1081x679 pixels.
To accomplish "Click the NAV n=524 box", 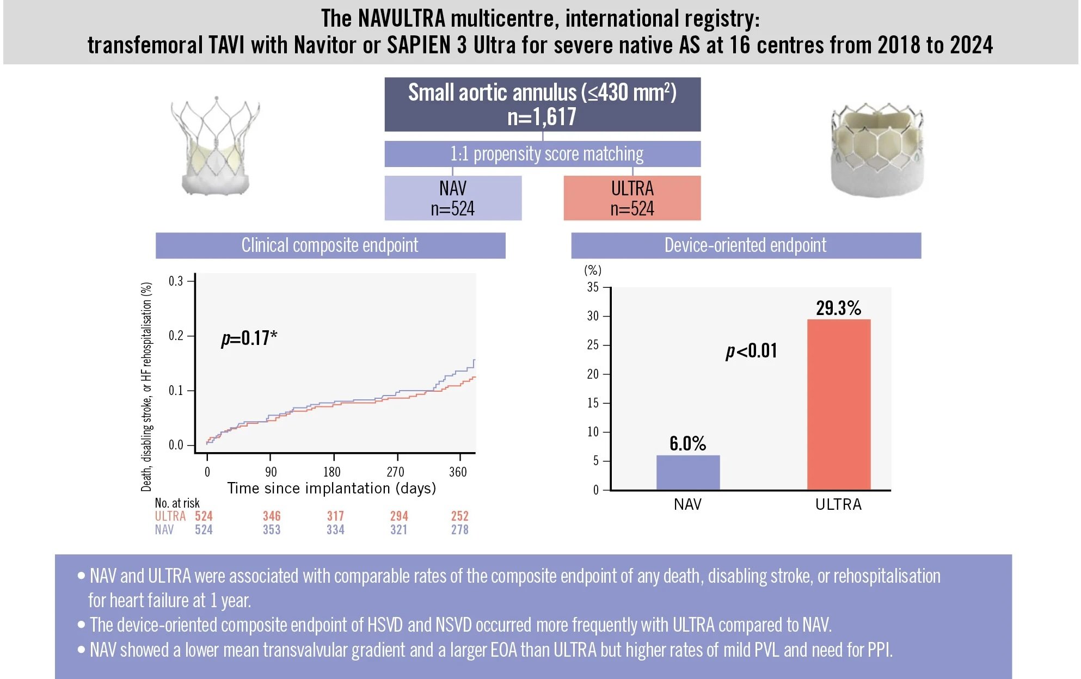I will [x=453, y=198].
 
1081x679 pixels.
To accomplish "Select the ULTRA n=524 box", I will [x=632, y=198].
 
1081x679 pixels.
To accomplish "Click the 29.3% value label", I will [x=838, y=308].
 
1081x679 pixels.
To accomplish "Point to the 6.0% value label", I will [x=687, y=443].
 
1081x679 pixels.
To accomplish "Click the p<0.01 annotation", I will [x=752, y=351].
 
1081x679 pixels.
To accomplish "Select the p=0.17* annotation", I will [x=249, y=338].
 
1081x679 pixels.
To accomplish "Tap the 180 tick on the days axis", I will [x=332, y=472].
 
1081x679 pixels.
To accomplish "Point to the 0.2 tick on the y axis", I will [x=176, y=336].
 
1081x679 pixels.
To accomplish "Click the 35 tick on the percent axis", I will [x=593, y=287].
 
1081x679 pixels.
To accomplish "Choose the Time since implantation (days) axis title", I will [x=331, y=488].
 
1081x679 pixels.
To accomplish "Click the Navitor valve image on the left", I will [x=215, y=146].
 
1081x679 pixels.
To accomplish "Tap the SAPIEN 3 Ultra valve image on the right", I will [x=877, y=150].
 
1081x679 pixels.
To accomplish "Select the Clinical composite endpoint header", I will [x=330, y=245].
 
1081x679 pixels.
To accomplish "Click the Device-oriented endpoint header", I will [x=746, y=245].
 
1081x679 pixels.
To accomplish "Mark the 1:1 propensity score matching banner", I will [x=542, y=154].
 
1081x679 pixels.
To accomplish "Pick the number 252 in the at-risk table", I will [x=460, y=516].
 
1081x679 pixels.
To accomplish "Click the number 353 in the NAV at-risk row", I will [x=272, y=529].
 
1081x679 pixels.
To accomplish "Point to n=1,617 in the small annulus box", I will [x=542, y=117].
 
